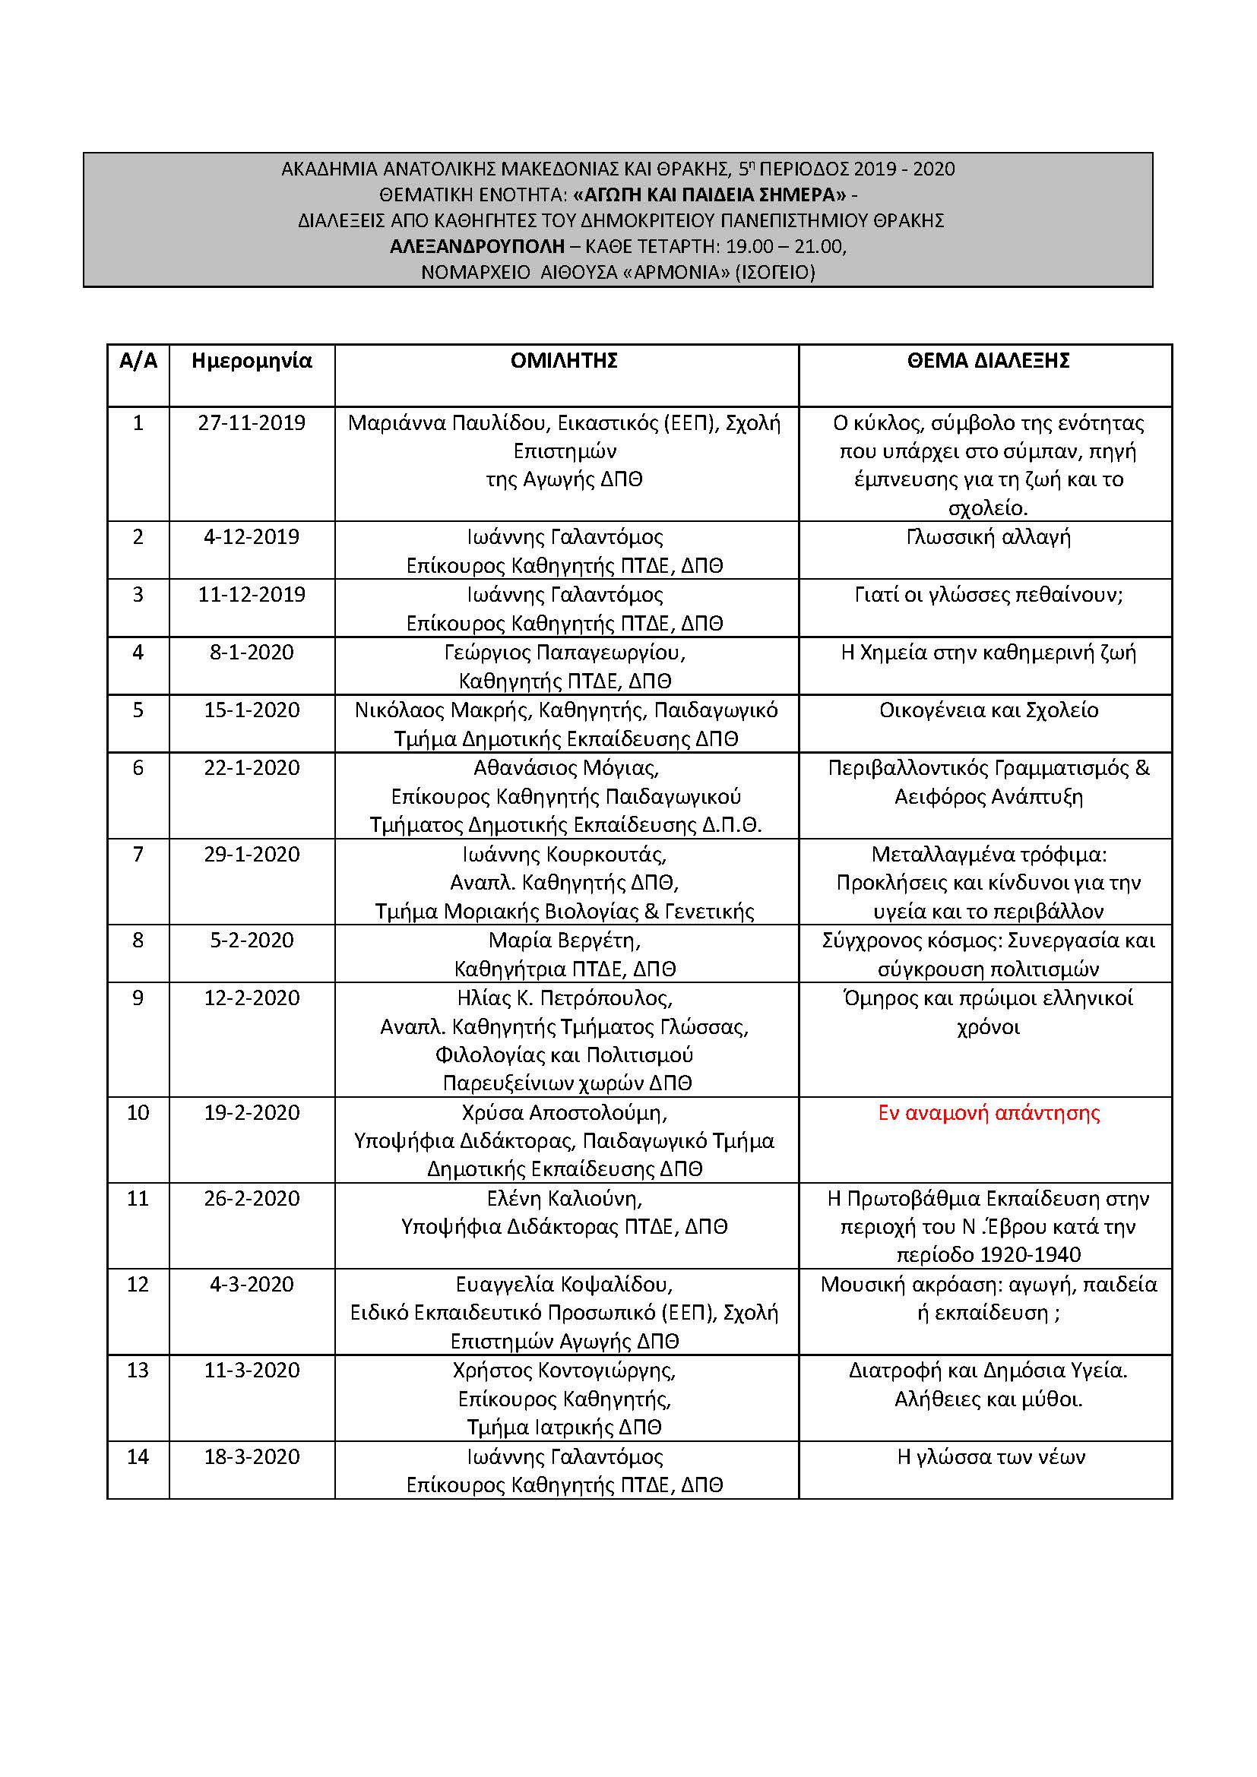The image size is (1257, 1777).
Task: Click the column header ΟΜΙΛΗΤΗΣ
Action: pyautogui.click(x=563, y=361)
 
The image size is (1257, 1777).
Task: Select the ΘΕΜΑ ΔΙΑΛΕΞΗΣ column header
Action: pyautogui.click(x=988, y=361)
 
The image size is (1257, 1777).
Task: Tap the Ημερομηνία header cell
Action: pyautogui.click(x=252, y=361)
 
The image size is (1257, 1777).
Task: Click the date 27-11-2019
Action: pyautogui.click(x=252, y=423)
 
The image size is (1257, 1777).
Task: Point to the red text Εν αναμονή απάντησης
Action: pyautogui.click(x=989, y=1113)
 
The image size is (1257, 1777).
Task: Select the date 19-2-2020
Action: pyautogui.click(x=252, y=1113)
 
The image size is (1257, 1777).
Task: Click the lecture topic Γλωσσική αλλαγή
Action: pyautogui.click(x=988, y=537)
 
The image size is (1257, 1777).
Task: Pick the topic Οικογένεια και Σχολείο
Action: pyautogui.click(x=989, y=710)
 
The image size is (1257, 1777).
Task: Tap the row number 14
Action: pyautogui.click(x=138, y=1457)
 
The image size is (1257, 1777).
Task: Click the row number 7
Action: pyautogui.click(x=138, y=855)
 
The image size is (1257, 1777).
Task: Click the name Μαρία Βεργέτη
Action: pyautogui.click(x=564, y=941)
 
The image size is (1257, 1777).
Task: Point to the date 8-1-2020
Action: pyautogui.click(x=252, y=653)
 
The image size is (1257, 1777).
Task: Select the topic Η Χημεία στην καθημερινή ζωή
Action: pyautogui.click(x=989, y=653)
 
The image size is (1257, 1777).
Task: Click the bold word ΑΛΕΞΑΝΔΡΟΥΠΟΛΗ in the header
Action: pyautogui.click(x=477, y=247)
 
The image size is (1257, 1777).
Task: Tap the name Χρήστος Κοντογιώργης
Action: pyautogui.click(x=564, y=1371)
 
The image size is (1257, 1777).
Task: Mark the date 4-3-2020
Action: pyautogui.click(x=252, y=1285)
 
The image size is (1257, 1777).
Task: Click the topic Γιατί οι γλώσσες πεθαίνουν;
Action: pyautogui.click(x=989, y=595)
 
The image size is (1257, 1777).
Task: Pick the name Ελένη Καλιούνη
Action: pyautogui.click(x=564, y=1199)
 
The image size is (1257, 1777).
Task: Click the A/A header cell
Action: pyautogui.click(x=138, y=361)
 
